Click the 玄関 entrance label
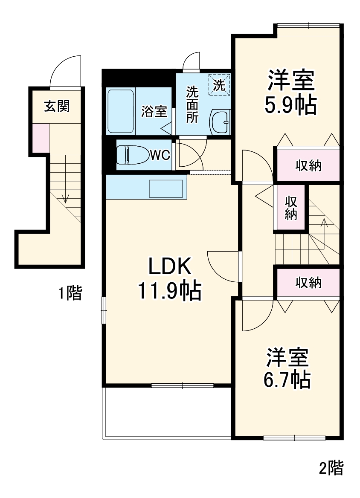point(57,106)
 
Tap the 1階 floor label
point(70,293)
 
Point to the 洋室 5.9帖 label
point(291,93)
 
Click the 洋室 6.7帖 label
point(287,368)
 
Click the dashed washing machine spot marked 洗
point(220,84)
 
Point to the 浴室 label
point(154,112)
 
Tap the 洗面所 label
point(192,104)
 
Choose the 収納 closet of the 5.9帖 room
point(308,165)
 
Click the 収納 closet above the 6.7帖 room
point(308,282)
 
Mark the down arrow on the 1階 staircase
point(65,197)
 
